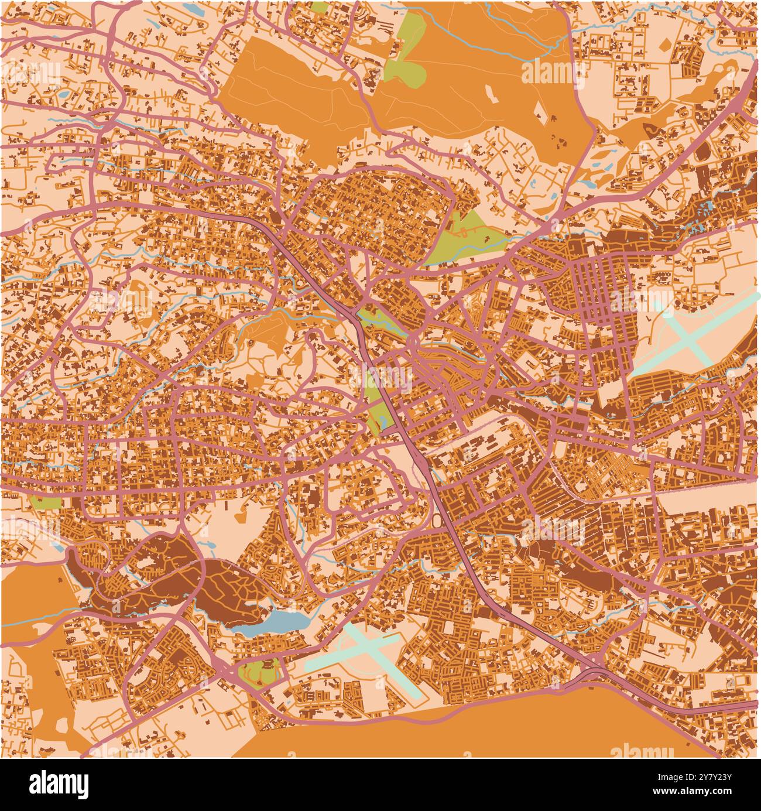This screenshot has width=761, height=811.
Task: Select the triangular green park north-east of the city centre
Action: [468, 240]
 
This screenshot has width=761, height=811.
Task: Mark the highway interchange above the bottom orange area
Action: [594, 672]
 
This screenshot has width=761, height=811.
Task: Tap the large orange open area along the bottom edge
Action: [468, 732]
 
